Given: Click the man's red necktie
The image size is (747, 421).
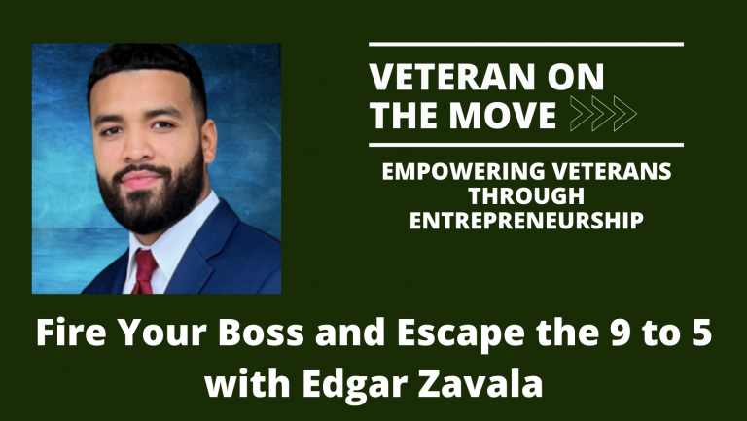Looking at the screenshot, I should (x=144, y=269).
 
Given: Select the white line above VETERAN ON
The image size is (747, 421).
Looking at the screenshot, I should (x=526, y=45).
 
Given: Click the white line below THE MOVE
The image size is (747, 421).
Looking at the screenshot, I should (x=526, y=145).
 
